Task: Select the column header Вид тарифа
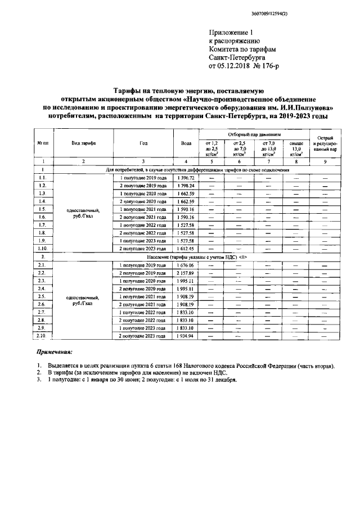tap(83, 143)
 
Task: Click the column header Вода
tap(186, 143)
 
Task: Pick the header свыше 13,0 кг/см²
tap(295, 147)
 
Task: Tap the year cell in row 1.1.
tap(143, 178)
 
